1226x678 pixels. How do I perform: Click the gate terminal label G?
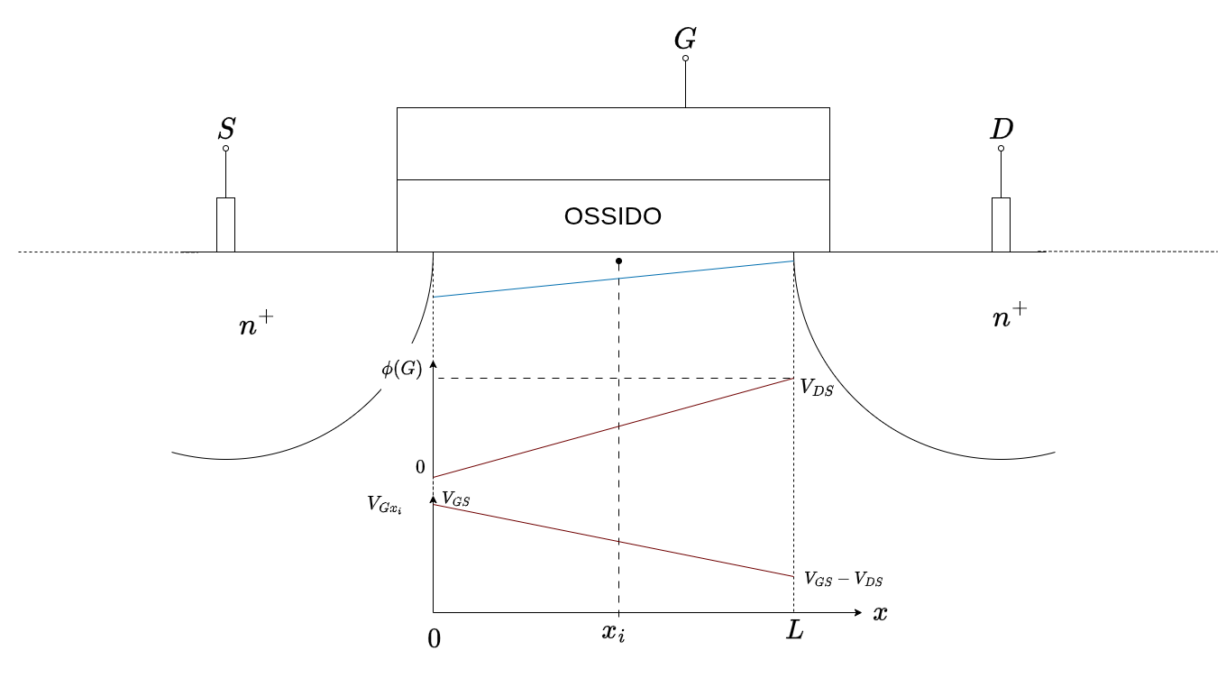685,39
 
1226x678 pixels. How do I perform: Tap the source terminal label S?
226,130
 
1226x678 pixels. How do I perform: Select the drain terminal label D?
1001,130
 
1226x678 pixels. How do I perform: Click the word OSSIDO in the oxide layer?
613,216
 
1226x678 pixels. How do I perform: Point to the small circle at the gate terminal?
685,58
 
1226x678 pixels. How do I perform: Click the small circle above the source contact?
225,148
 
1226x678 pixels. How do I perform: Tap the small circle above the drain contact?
1001,148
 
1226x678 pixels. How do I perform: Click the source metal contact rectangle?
225,224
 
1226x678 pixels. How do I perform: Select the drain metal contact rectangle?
1001,224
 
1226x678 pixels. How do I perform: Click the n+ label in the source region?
255,324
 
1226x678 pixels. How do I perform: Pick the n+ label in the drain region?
1009,316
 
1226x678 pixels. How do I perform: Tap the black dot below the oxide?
618,261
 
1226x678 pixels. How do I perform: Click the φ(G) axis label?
401,369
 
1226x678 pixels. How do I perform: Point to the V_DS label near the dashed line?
817,388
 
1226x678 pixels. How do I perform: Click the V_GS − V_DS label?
844,579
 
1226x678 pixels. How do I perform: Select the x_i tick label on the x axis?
613,631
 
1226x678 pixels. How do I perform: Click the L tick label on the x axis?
794,630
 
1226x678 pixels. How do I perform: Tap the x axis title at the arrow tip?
880,613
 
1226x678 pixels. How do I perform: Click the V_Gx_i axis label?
384,504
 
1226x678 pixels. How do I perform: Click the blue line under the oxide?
613,279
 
